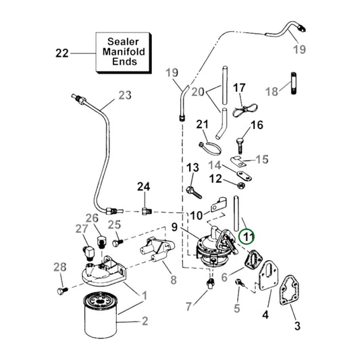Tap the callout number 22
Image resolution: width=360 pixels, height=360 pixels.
(62, 52)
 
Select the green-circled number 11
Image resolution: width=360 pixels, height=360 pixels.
(248, 236)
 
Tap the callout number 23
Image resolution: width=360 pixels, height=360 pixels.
(124, 95)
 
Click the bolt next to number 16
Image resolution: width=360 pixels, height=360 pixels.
(240, 144)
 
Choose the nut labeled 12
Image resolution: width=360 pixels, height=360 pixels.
(240, 182)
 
